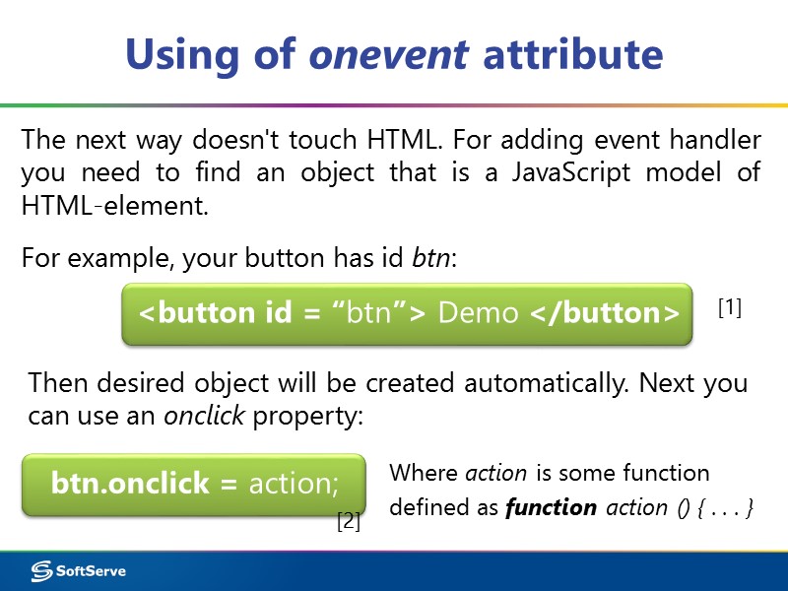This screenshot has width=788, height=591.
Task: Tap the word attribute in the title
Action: pyautogui.click(x=572, y=54)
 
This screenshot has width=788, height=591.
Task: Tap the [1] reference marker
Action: pyautogui.click(x=729, y=308)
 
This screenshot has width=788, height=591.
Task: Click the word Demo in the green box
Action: pyautogui.click(x=478, y=313)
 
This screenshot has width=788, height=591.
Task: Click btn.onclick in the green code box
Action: pyautogui.click(x=130, y=483)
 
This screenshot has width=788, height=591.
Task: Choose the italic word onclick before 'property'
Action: pyautogui.click(x=205, y=416)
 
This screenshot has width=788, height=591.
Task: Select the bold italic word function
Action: pyautogui.click(x=551, y=508)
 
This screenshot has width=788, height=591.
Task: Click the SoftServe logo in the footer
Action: pyautogui.click(x=78, y=571)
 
